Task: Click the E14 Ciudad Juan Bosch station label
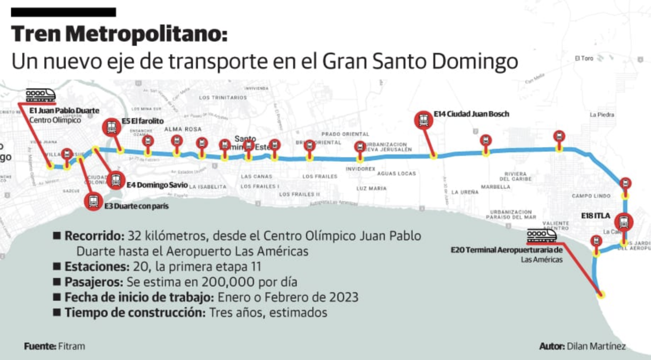pos(471,114)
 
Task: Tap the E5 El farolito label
pos(142,121)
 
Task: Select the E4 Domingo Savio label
pos(157,185)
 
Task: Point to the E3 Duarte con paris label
pos(136,206)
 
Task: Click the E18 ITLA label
pos(595,216)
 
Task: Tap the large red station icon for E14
pos(423,120)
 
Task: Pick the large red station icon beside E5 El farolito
pos(112,127)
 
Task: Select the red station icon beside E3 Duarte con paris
pos(94,201)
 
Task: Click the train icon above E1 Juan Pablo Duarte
pos(40,95)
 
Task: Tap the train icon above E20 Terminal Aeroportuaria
pos(541,235)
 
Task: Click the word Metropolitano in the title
pos(146,34)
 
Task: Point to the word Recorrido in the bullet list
pos(94,236)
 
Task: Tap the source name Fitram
pos(71,346)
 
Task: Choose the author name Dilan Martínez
pos(596,346)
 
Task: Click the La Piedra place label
pos(602,115)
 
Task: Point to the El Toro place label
pos(584,58)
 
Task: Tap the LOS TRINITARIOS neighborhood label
pos(223,98)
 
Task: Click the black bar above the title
pos(64,12)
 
